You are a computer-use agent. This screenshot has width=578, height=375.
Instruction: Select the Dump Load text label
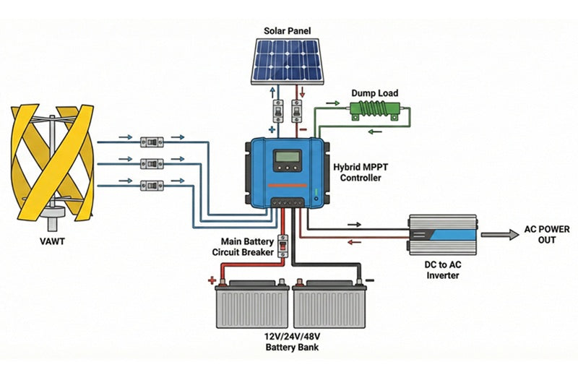374,93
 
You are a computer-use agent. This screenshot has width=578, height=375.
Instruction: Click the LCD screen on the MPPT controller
287,158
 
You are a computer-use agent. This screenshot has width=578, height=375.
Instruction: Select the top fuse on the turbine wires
153,138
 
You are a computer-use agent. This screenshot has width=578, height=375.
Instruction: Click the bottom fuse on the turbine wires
153,186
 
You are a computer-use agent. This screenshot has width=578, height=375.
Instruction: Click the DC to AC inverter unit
441,234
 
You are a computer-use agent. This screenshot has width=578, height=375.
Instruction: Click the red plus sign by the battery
212,279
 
